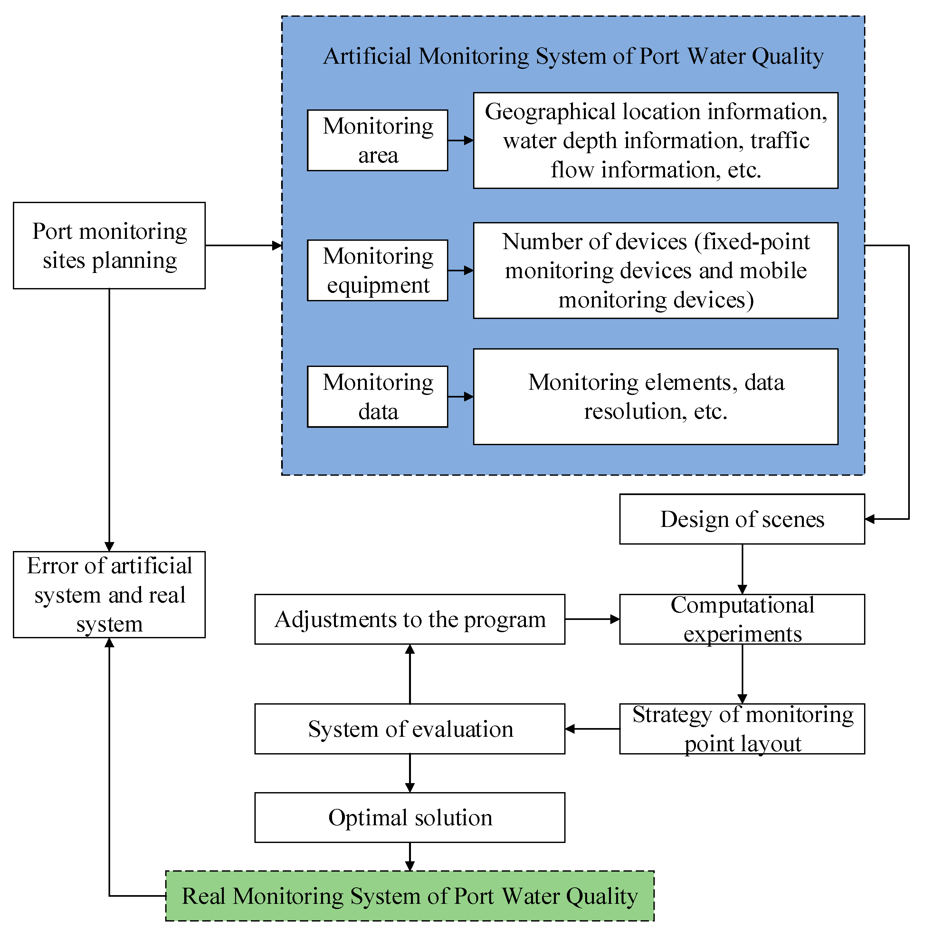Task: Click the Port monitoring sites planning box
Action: (109, 246)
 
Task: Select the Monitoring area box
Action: (377, 141)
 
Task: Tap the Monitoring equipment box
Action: (377, 270)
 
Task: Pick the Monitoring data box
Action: (377, 397)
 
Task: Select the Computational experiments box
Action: (742, 619)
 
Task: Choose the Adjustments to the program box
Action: (410, 619)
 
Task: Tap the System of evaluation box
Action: (410, 729)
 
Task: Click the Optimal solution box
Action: (410, 818)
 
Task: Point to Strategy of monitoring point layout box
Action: (742, 729)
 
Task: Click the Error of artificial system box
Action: (109, 594)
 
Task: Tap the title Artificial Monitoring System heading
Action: (573, 56)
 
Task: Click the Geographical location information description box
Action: (655, 141)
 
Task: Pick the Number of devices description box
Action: (655, 270)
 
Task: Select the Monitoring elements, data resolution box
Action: (655, 397)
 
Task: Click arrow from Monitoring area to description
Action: (461, 141)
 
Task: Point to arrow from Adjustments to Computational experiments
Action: (592, 619)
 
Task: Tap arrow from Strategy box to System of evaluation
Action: (592, 729)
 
